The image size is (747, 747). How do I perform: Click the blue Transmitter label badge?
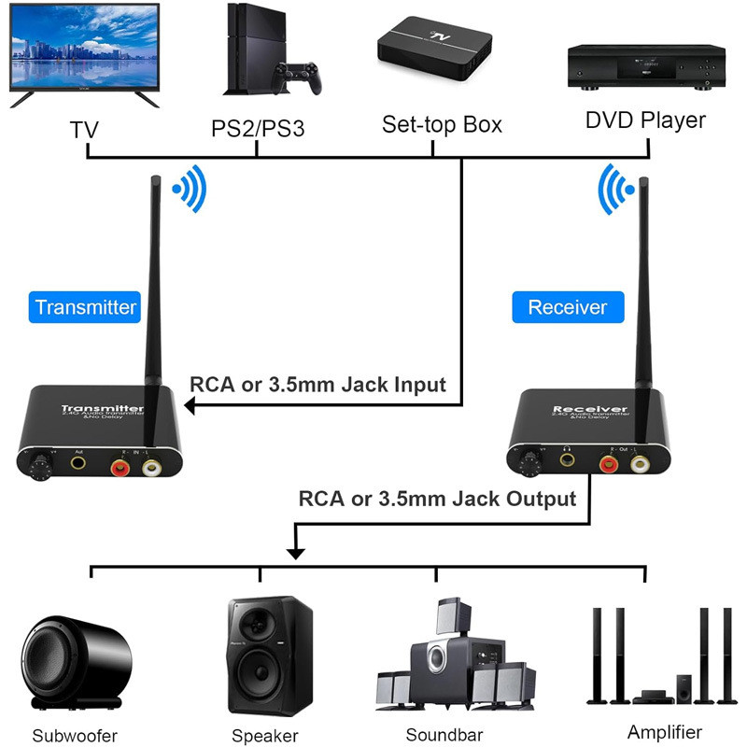click(85, 306)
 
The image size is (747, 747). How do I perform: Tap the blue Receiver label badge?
click(567, 306)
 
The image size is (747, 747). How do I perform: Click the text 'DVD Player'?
click(645, 120)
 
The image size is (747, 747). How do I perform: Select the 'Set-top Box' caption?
click(442, 124)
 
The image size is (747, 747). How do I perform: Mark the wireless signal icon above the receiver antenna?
click(614, 189)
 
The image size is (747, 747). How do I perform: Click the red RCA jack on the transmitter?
click(120, 461)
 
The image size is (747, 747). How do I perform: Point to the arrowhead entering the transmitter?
click(189, 405)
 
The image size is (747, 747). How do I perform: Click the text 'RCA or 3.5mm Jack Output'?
click(437, 498)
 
